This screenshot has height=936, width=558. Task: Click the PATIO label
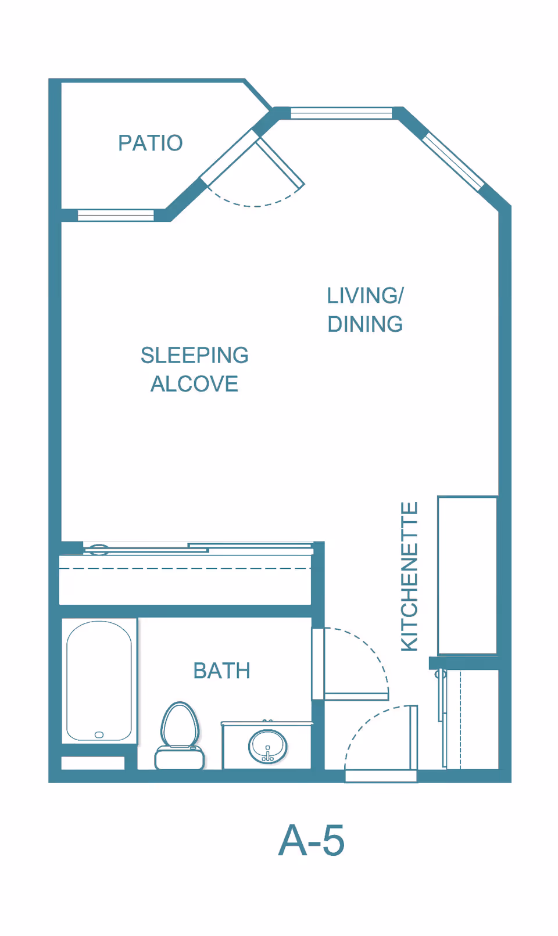[x=151, y=143]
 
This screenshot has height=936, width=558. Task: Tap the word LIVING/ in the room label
[x=364, y=296]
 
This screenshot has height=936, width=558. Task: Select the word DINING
[x=364, y=324]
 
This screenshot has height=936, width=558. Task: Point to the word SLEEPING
[x=194, y=355]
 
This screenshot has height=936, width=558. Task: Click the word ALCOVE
[x=194, y=384]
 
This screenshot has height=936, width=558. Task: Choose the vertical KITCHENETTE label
[x=410, y=576]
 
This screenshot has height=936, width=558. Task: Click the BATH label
[x=221, y=671]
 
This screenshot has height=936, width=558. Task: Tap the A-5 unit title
[x=312, y=841]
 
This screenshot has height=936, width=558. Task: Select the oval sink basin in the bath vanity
[x=267, y=747]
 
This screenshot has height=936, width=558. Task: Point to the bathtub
[x=99, y=680]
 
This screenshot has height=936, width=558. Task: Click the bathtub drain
[x=99, y=735]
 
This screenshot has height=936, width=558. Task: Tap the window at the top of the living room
[x=341, y=113]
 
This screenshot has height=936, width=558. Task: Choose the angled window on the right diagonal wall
[x=453, y=162]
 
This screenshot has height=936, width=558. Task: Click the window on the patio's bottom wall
[x=116, y=216]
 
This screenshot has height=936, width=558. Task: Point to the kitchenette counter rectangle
[x=467, y=575]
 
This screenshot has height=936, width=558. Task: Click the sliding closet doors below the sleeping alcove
[x=198, y=547]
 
